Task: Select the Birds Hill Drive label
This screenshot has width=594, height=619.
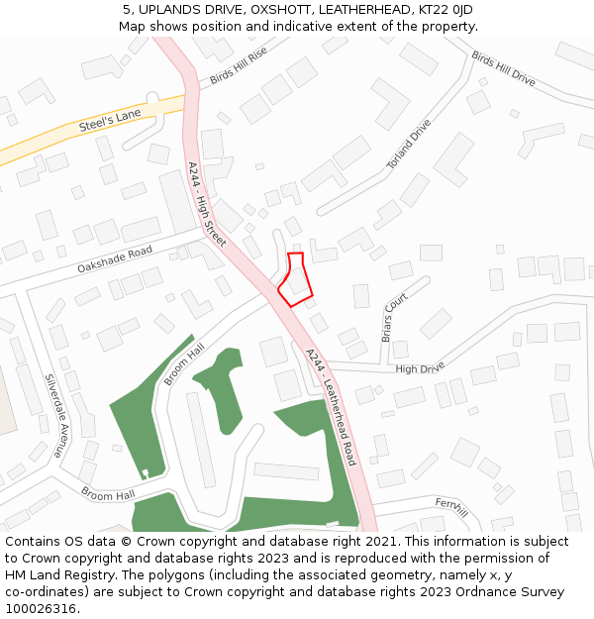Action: (503, 69)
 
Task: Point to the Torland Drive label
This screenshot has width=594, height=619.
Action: (409, 144)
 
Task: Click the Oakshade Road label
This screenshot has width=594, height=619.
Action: (115, 259)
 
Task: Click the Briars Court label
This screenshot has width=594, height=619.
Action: (394, 316)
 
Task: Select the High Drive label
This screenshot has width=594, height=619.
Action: (420, 369)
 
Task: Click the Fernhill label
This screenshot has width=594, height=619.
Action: (449, 505)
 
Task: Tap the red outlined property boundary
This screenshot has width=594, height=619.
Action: (295, 278)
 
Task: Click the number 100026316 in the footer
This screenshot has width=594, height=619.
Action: (42, 609)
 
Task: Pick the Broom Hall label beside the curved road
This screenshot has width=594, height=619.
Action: (183, 364)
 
